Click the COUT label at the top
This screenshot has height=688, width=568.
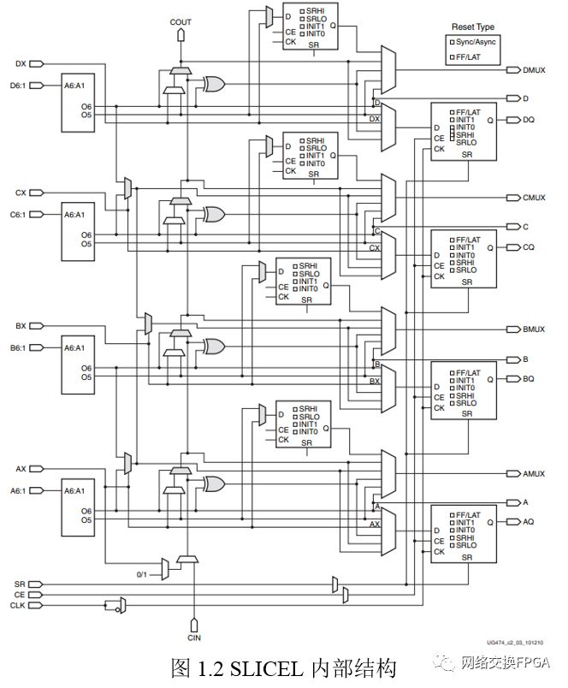[x=180, y=21]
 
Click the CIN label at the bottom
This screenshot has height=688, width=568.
[x=193, y=637]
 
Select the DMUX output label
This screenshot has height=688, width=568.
[x=535, y=69]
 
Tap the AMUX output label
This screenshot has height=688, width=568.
[x=535, y=472]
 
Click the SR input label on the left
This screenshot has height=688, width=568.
[x=20, y=583]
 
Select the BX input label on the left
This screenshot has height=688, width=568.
[x=21, y=325]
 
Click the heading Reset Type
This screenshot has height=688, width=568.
[x=473, y=27]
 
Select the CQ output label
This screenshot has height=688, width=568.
[x=529, y=246]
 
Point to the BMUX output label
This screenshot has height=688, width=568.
[x=535, y=329]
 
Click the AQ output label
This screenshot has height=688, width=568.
[x=529, y=521]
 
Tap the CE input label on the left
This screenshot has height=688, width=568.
[x=20, y=594]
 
